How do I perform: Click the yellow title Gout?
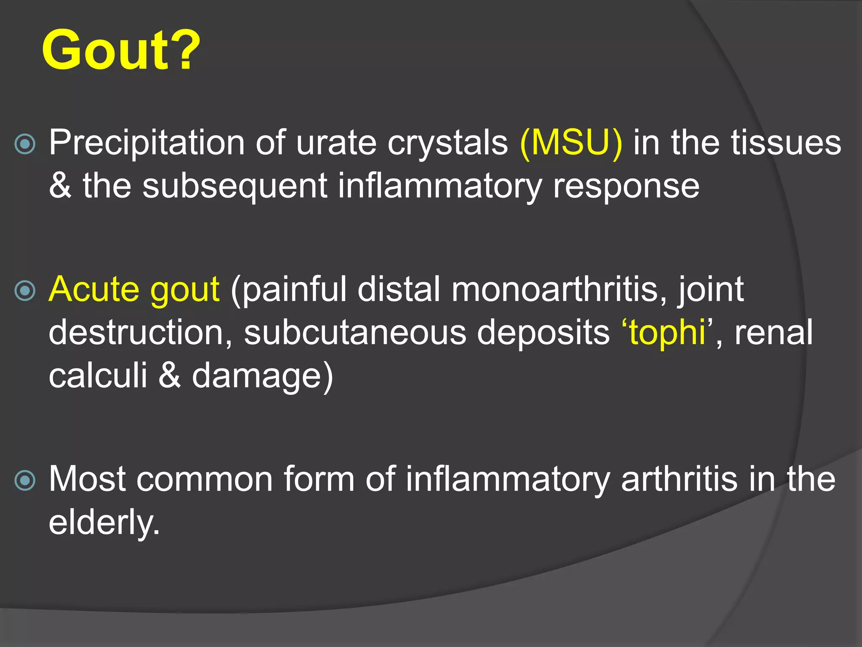[121, 51]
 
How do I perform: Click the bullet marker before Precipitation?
[25, 144]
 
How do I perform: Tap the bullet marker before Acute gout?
[25, 291]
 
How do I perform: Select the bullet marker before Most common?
[25, 481]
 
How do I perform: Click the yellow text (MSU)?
[571, 143]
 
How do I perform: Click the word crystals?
[447, 143]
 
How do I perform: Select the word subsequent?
[234, 187]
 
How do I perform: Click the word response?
[626, 187]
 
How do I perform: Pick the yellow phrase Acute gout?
[134, 290]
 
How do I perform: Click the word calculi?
[98, 376]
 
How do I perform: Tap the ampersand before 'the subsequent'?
[60, 186]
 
